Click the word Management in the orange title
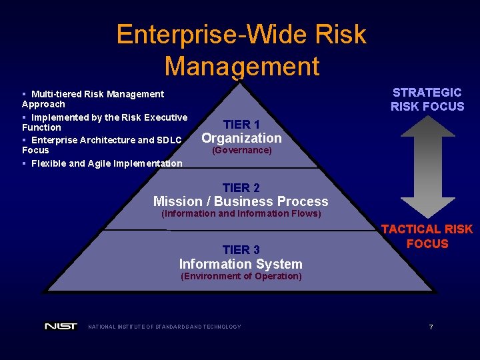coord(241,66)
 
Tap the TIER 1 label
coord(241,124)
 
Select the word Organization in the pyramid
coord(241,138)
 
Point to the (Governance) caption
coord(241,151)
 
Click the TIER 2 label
coord(241,188)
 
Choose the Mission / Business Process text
coord(241,201)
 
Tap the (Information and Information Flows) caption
coord(241,214)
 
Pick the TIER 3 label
coord(241,250)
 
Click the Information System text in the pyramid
coord(241,264)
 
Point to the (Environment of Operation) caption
coord(241,277)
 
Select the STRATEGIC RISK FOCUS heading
coord(427,99)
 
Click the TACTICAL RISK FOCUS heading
coord(427,236)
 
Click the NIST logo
coord(61,327)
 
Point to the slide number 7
coord(431,327)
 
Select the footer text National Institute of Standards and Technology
coord(165,327)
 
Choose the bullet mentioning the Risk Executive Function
coord(105,122)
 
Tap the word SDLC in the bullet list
coord(169,140)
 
